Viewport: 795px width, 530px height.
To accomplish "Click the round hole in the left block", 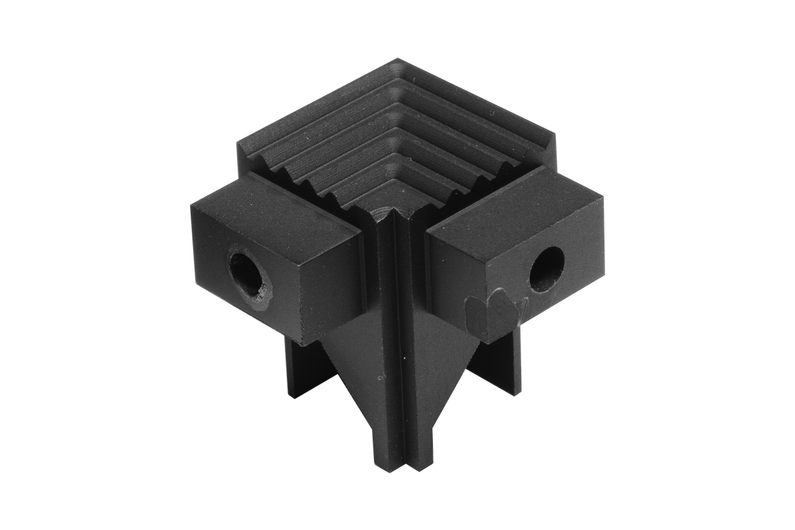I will point(247,276).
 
